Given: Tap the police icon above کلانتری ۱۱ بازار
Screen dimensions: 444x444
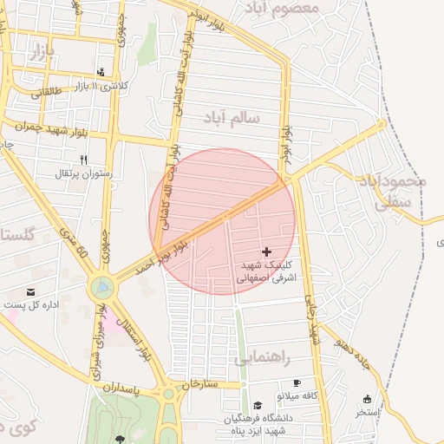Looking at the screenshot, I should (x=101, y=71).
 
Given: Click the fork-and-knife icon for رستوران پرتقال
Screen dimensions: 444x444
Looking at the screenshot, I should (x=83, y=160).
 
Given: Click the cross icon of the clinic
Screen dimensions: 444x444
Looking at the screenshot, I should (x=265, y=251).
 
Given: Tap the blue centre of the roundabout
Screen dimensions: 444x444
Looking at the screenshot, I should (x=102, y=285).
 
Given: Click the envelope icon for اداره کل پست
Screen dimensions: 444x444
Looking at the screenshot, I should (x=32, y=293).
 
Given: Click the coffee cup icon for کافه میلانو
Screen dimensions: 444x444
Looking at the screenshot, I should (x=297, y=382).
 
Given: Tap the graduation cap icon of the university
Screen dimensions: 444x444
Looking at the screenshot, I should (x=257, y=405).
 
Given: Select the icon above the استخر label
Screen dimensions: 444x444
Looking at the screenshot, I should (x=367, y=400).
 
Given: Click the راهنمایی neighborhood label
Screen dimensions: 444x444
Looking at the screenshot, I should (x=261, y=357).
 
